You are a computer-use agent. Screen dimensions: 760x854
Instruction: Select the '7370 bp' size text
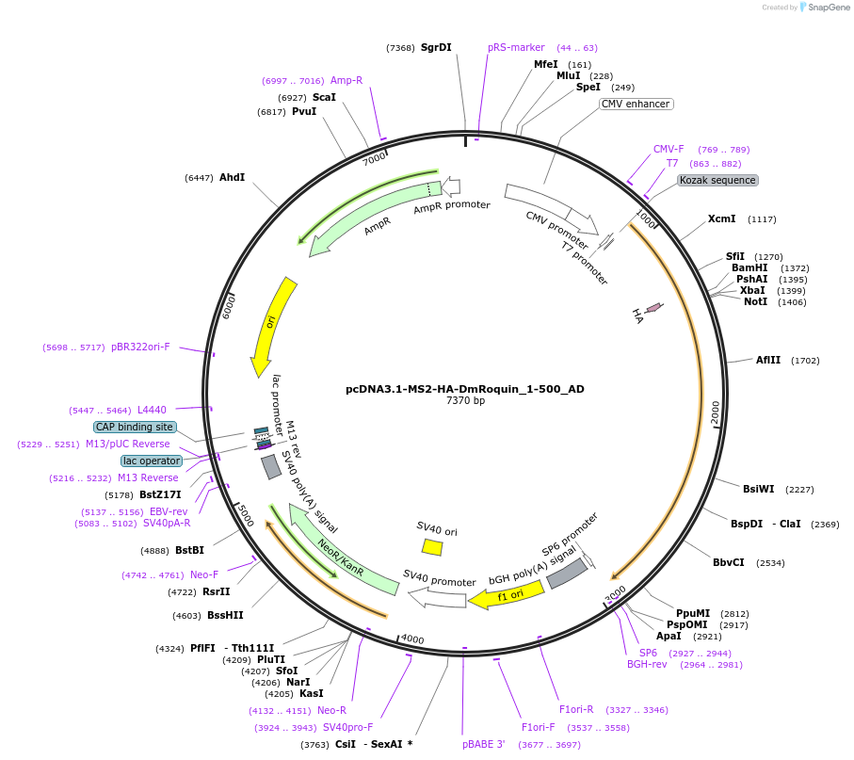tap(465, 401)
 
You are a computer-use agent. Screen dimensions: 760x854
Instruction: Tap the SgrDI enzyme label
tap(436, 47)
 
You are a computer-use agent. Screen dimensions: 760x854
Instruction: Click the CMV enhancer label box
tap(636, 104)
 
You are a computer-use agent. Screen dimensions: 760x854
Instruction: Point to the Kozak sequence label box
tap(717, 180)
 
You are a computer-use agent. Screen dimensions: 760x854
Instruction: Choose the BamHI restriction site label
tap(749, 267)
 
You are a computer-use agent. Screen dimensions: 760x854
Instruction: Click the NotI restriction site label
tap(755, 301)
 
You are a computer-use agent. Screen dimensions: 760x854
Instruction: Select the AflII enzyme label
tap(768, 360)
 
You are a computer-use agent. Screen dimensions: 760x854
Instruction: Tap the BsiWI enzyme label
tap(758, 489)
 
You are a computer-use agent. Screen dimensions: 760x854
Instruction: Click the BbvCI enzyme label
tap(729, 562)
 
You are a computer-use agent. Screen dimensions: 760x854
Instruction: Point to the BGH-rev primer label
tap(647, 664)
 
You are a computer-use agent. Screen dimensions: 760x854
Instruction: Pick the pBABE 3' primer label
tap(484, 744)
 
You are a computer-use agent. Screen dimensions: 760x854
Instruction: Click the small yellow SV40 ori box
tap(432, 546)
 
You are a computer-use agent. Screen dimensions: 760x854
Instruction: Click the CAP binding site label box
tap(135, 427)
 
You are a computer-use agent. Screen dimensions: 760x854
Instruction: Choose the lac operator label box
tap(151, 461)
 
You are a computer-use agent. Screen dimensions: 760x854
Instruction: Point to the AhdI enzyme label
tap(232, 177)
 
